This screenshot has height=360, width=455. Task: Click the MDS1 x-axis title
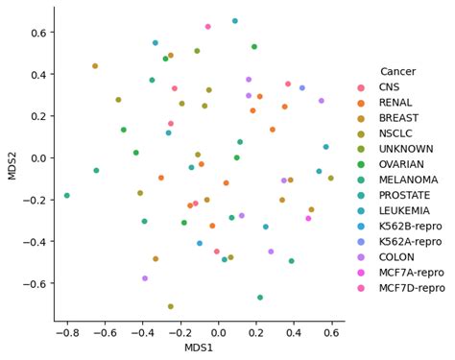[199, 347]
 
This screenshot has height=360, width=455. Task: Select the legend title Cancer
[397, 72]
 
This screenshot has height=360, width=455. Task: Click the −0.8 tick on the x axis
[67, 332]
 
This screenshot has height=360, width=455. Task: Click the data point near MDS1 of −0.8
[67, 196]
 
